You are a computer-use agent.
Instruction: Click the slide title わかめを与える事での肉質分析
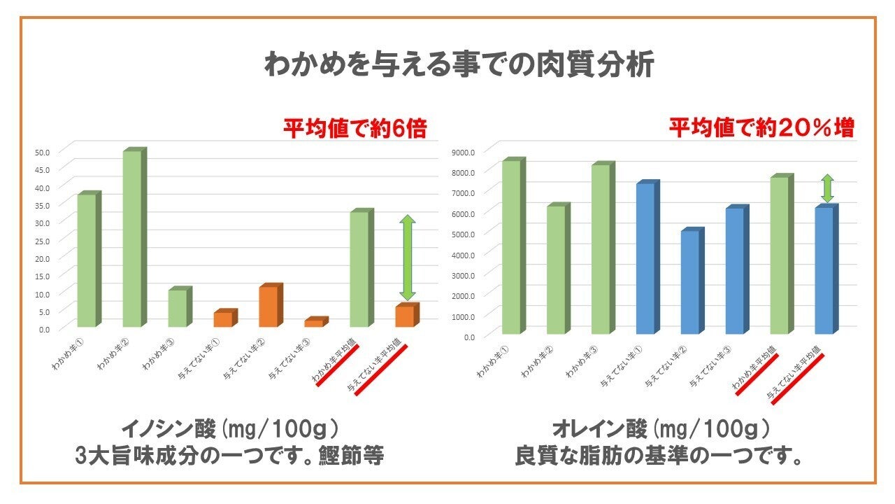point(459,65)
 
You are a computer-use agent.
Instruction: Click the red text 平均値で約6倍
point(355,129)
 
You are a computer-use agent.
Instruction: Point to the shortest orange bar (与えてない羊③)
point(315,323)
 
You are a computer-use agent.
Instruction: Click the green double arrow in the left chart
point(407,258)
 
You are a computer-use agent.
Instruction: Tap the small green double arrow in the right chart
point(827,188)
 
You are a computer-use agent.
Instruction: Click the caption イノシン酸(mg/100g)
point(230,427)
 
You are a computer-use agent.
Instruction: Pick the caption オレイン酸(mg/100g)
point(661,427)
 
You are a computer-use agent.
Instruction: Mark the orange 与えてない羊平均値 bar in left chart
point(406,316)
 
